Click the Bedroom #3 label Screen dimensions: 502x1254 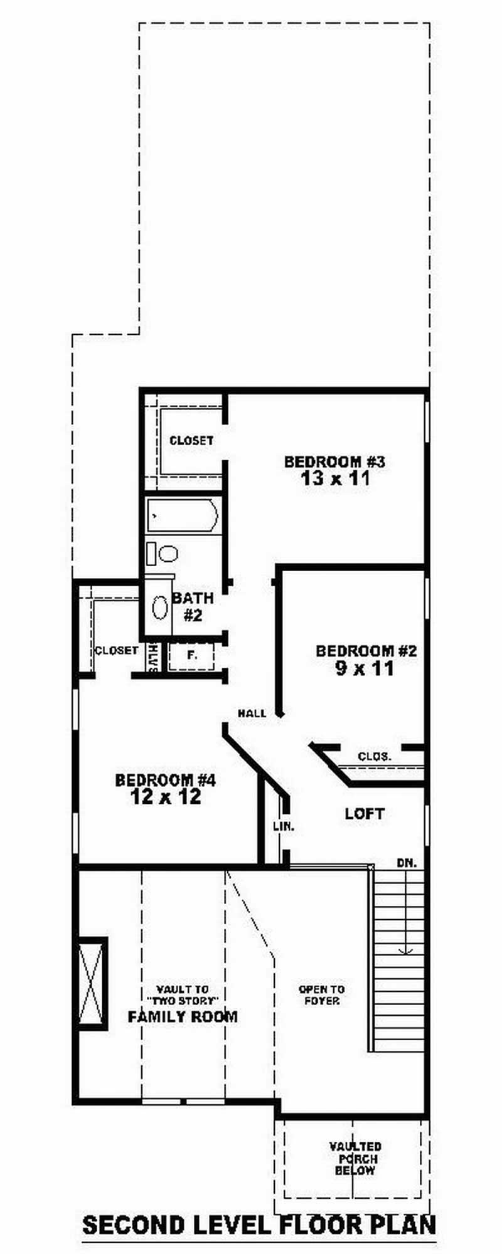pyautogui.click(x=334, y=462)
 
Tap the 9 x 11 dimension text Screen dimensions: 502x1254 pyautogui.click(x=365, y=668)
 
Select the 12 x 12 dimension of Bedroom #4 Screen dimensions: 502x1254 pyautogui.click(x=166, y=797)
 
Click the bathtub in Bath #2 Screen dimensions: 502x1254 pyautogui.click(x=183, y=516)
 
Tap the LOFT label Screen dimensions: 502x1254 pyautogui.click(x=365, y=814)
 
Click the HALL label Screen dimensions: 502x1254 pyautogui.click(x=252, y=713)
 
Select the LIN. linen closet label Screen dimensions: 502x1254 pyautogui.click(x=284, y=826)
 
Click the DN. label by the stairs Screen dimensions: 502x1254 pyautogui.click(x=407, y=863)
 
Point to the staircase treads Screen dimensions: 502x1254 pyautogui.click(x=397, y=959)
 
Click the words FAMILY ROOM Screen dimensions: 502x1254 pyautogui.click(x=183, y=1016)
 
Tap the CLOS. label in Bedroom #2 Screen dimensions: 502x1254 pyautogui.click(x=375, y=757)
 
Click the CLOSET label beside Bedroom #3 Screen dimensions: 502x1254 pyautogui.click(x=191, y=441)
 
